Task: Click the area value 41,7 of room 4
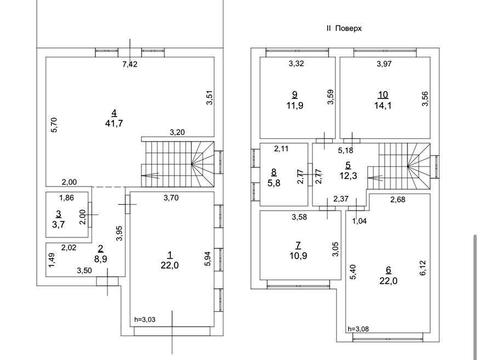[x=114, y=123]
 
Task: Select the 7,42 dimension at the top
[x=130, y=64]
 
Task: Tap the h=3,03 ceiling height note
[x=145, y=320]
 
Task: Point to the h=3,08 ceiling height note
[x=358, y=329]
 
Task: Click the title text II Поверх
[x=344, y=28]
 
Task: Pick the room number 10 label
[x=383, y=95]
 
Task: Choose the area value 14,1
[x=383, y=106]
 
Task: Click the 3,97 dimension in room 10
[x=384, y=64]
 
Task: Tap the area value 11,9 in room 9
[x=295, y=106]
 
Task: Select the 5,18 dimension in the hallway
[x=346, y=150]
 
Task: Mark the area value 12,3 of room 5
[x=349, y=176]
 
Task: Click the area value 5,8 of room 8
[x=274, y=183]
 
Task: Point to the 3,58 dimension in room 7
[x=299, y=217]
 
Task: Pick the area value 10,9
[x=299, y=256]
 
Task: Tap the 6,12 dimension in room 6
[x=423, y=268]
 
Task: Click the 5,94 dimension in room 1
[x=207, y=259]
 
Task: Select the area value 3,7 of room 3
[x=58, y=224]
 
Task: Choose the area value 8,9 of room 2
[x=101, y=259]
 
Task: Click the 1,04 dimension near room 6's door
[x=359, y=221]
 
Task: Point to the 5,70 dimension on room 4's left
[x=55, y=125]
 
